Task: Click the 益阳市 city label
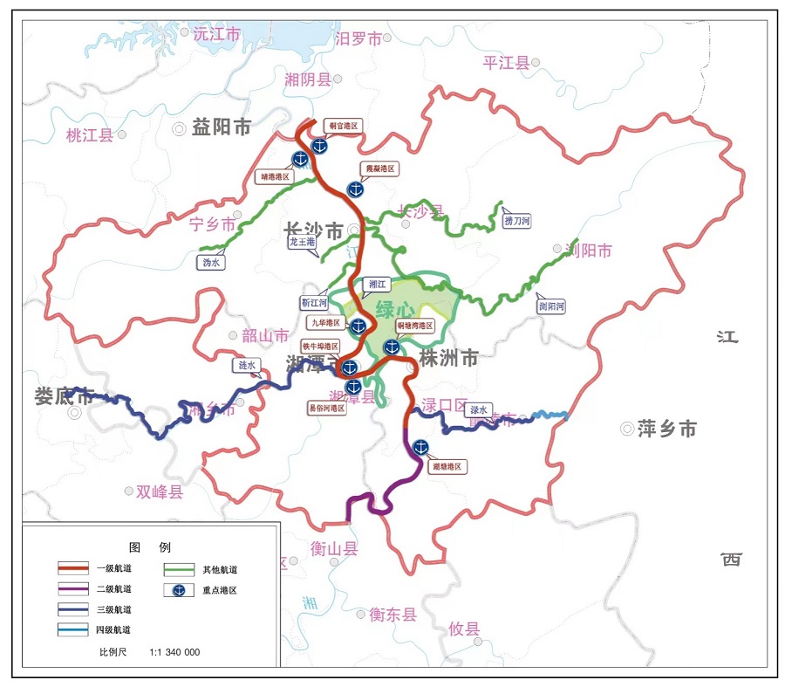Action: (x=222, y=127)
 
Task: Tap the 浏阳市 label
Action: (x=589, y=251)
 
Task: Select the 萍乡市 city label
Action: (x=667, y=429)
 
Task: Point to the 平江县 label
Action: (x=507, y=62)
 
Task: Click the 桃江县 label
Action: (x=90, y=135)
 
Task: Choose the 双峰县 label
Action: (x=160, y=491)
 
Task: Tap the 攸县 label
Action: (x=464, y=629)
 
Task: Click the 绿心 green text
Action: (x=395, y=310)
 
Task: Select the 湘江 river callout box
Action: (x=378, y=284)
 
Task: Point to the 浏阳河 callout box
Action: (x=551, y=306)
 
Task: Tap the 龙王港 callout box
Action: (x=301, y=242)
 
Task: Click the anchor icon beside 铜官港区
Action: (x=319, y=145)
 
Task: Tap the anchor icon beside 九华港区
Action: (x=358, y=326)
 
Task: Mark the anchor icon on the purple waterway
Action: (x=420, y=447)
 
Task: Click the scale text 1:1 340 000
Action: (x=174, y=652)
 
